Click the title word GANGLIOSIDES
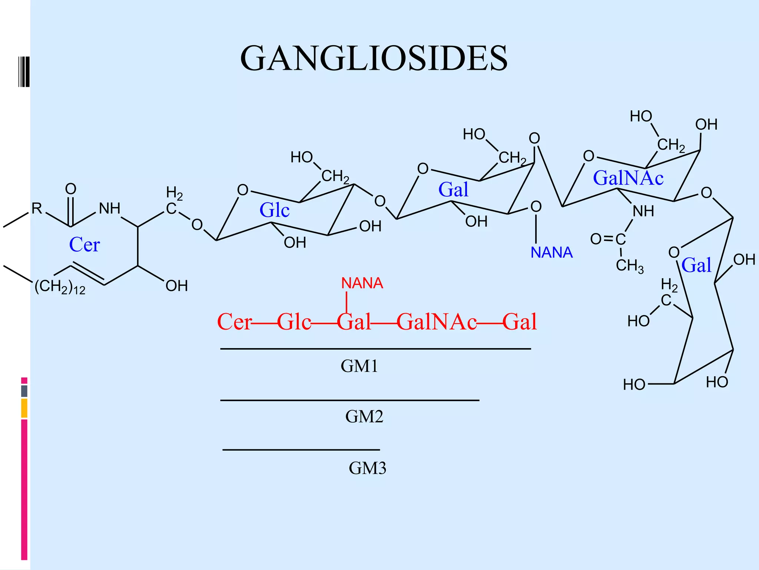[x=374, y=59]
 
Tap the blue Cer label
[x=84, y=245]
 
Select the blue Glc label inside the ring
[x=274, y=210]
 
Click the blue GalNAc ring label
[x=628, y=178]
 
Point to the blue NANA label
[x=551, y=253]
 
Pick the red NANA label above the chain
[x=362, y=284]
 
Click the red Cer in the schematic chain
[x=234, y=322]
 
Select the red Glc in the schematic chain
[x=294, y=322]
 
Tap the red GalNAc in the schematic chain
[x=437, y=322]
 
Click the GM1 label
[x=359, y=366]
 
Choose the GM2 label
[x=364, y=417]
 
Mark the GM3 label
[x=367, y=468]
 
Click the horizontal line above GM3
[x=301, y=450]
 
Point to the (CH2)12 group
[x=60, y=287]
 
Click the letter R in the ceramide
[x=36, y=209]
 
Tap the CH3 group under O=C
[x=629, y=266]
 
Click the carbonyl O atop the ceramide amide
[x=70, y=189]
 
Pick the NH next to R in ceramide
[x=109, y=209]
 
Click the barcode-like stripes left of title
[x=24, y=72]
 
